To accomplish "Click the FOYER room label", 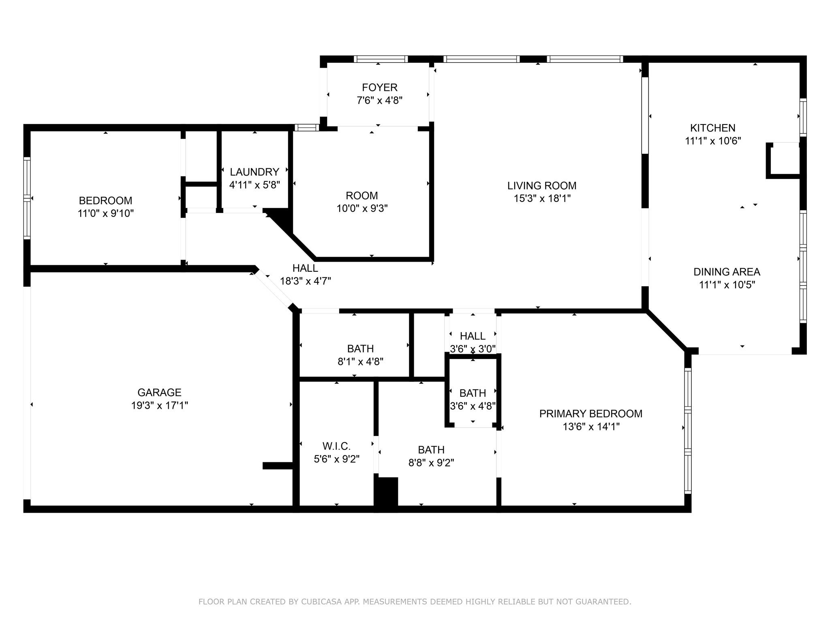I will tap(379, 87).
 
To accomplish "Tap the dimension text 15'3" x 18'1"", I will tap(542, 198).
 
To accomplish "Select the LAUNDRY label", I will tap(254, 172).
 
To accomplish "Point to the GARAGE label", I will tap(159, 392).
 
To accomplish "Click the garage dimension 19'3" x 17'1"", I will tap(159, 405).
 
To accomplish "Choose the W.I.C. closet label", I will tap(336, 446).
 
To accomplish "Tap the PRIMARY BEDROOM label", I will tap(590, 414).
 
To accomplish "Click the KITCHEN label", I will tap(712, 128).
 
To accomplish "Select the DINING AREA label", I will tap(726, 272).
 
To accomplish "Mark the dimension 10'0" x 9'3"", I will tap(362, 208).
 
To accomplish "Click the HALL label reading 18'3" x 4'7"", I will tap(305, 268).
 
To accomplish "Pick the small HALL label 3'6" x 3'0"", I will tap(473, 336).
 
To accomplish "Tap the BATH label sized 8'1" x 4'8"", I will tap(360, 348).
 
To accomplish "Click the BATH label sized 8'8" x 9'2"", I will tap(431, 450).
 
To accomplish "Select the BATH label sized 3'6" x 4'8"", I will tap(473, 393).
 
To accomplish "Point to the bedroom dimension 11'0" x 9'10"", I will tap(105, 213).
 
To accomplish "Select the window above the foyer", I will tap(380, 59).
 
